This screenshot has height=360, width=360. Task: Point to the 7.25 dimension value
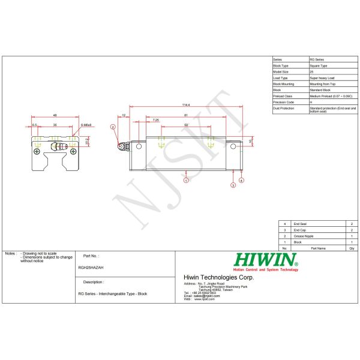point(156,119)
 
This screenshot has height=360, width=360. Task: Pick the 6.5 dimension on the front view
point(35,125)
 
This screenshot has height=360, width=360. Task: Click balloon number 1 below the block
point(187,179)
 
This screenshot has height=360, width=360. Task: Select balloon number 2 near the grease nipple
point(113,127)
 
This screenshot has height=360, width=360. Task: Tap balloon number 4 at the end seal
point(241,179)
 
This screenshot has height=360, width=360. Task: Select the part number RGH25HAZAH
point(91,268)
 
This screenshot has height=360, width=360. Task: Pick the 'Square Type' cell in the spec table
point(319,66)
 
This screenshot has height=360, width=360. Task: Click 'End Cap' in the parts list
point(299,229)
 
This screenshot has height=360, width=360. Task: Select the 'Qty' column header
point(352,247)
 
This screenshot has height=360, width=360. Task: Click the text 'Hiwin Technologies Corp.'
point(218,277)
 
